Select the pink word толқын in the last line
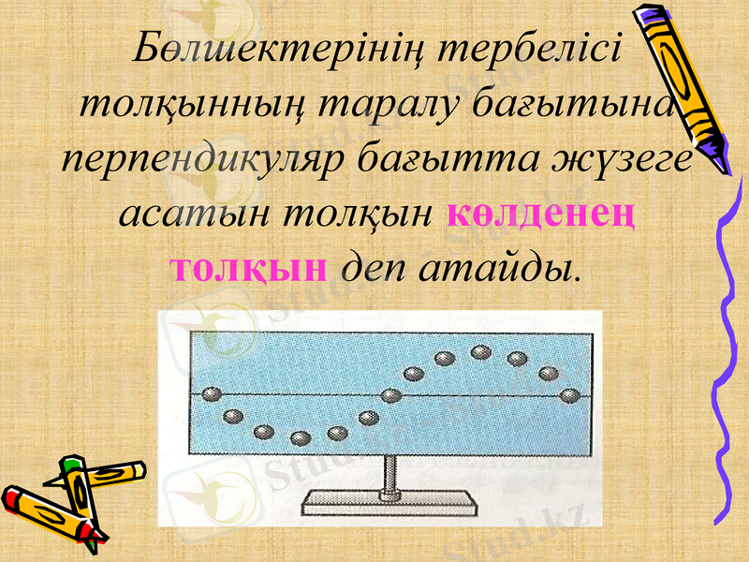point(248,268)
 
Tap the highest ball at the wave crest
point(481,352)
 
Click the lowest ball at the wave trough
point(301,437)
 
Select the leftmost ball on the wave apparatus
point(212,394)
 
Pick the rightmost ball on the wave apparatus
point(567,394)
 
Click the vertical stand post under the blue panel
point(388,478)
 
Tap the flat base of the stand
point(388,507)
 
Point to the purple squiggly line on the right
point(728,356)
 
